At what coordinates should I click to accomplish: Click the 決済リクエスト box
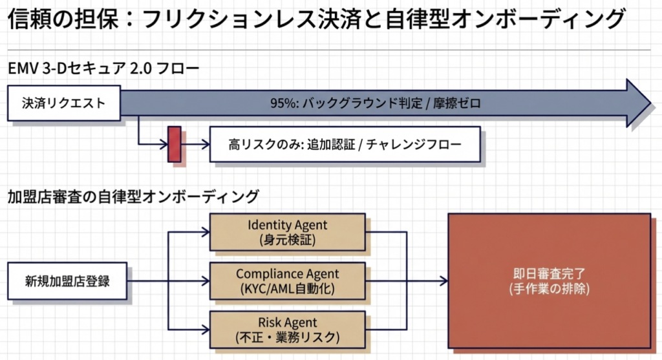[63, 103]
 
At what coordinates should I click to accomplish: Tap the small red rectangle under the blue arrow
[174, 144]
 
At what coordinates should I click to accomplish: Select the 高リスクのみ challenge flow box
[345, 144]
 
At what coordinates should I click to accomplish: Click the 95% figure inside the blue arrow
[281, 103]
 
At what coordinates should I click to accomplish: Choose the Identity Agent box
[287, 232]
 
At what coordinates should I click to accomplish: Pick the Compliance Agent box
[287, 281]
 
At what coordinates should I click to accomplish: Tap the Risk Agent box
[287, 330]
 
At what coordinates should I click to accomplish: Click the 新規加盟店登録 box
[67, 281]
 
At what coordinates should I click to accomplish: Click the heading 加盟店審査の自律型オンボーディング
[133, 196]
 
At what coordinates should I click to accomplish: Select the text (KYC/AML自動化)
[287, 288]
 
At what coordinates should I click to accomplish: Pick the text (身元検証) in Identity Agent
[287, 240]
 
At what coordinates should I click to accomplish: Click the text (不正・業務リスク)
[287, 337]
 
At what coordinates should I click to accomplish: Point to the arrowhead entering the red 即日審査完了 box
[443, 281]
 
